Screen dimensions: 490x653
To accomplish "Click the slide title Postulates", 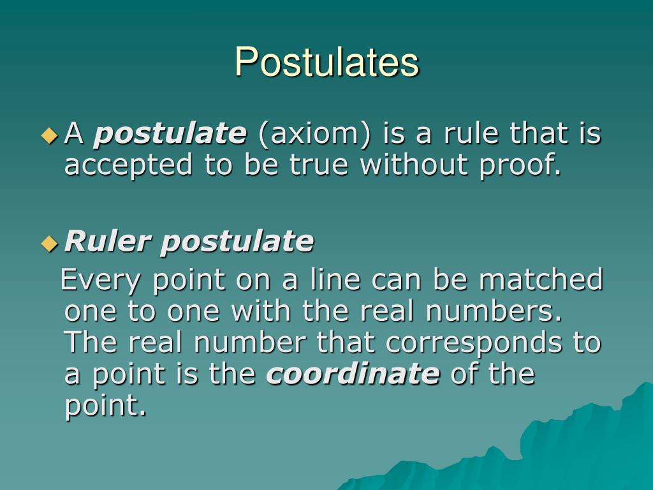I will [x=326, y=62].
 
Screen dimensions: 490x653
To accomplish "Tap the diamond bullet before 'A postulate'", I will [x=49, y=135].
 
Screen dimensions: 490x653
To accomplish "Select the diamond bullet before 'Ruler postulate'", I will [x=49, y=243].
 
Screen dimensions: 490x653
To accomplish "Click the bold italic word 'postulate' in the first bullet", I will [x=170, y=135].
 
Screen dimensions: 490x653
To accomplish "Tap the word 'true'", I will [x=320, y=165].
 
